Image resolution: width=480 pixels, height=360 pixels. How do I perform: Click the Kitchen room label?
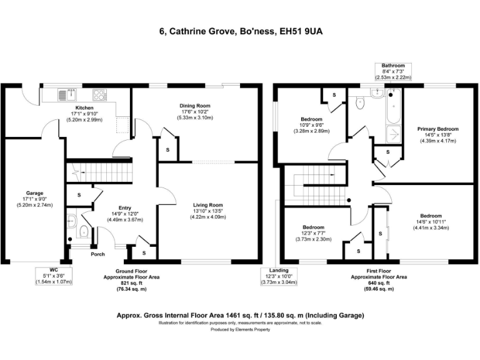click(x=84, y=107)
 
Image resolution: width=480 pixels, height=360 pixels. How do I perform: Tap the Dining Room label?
click(x=194, y=106)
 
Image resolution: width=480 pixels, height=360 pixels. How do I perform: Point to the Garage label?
click(x=34, y=193)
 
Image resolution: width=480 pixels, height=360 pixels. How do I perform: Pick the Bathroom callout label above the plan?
click(x=393, y=66)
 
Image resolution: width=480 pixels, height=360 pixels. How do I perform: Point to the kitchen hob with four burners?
click(x=99, y=96)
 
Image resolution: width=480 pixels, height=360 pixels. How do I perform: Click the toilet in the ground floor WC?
click(x=71, y=219)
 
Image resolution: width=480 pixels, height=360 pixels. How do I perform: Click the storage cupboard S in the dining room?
click(x=167, y=150)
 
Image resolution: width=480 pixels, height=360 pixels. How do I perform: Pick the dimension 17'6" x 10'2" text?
click(x=194, y=112)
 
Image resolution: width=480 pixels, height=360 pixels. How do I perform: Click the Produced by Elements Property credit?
click(x=240, y=329)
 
